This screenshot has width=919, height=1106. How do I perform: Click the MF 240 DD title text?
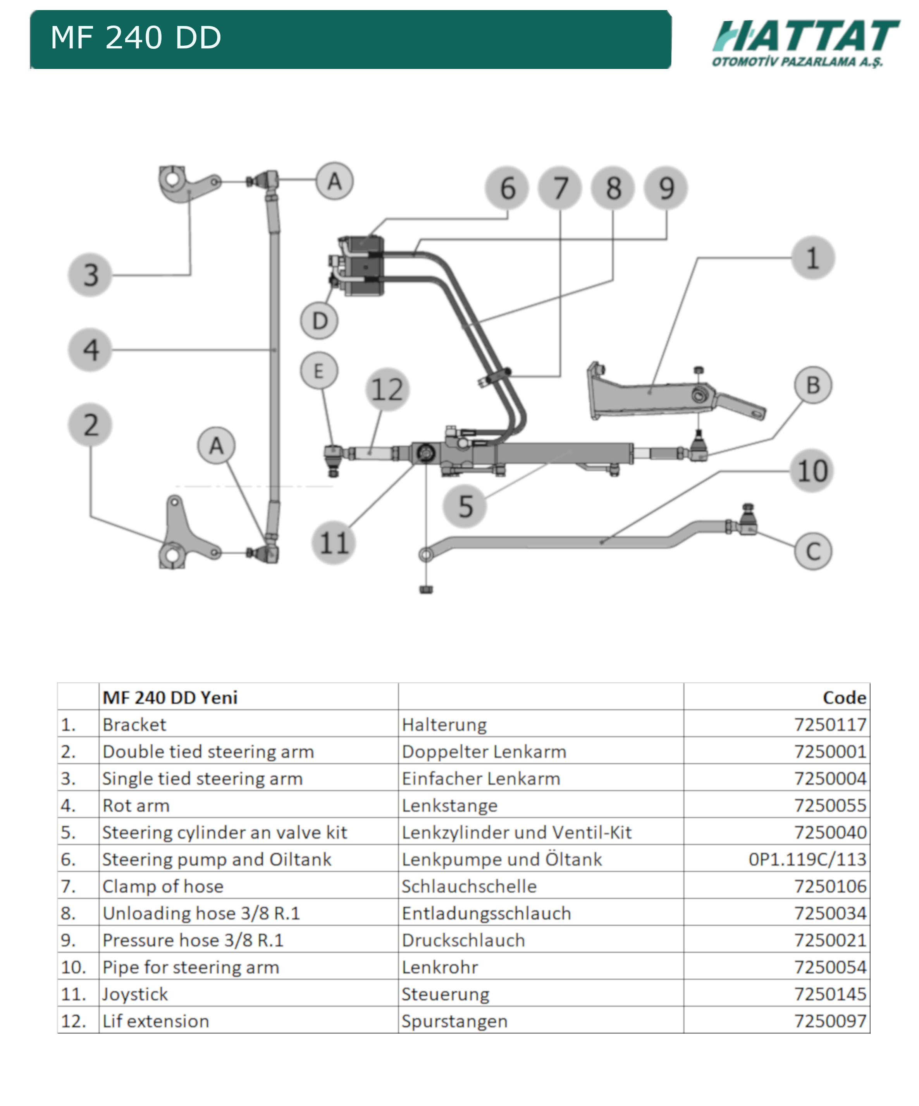click(x=136, y=38)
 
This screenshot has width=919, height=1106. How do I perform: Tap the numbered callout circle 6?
click(x=507, y=188)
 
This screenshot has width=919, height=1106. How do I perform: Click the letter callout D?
click(x=319, y=321)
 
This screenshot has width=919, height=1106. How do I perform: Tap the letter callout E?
click(x=319, y=371)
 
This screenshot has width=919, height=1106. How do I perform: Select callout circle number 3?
click(x=90, y=275)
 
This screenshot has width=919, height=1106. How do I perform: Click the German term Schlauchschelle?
click(x=469, y=886)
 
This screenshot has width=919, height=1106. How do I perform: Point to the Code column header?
click(x=844, y=698)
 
